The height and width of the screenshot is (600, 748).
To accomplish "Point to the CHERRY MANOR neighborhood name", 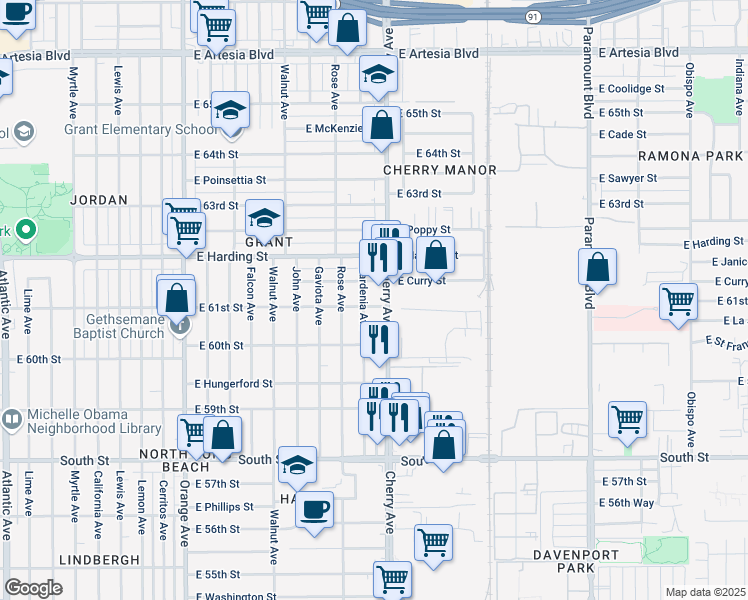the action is point(440,171).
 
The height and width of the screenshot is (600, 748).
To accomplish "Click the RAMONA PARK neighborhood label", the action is point(690,157).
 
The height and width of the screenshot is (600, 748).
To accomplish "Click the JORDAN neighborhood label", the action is point(100,200).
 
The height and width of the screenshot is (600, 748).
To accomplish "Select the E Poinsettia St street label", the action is point(230,180).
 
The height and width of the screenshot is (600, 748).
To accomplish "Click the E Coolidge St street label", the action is point(632,89).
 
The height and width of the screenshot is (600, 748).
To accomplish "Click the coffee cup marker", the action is point(314,510).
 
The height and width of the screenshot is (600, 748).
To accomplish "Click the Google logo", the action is point(34,588).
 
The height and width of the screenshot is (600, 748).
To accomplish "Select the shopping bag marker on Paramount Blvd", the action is point(597,267).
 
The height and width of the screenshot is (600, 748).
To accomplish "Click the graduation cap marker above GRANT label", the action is point(264,218).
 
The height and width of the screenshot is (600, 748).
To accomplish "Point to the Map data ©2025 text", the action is point(705,592).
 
